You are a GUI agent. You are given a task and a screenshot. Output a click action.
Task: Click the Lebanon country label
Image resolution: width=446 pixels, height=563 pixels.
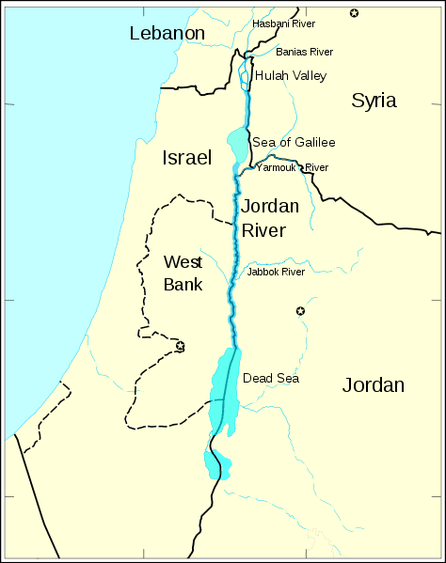point(167,34)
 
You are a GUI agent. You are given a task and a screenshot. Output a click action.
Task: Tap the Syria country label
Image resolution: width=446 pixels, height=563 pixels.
point(374,101)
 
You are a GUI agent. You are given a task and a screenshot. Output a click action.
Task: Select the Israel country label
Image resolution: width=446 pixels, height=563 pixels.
point(186,157)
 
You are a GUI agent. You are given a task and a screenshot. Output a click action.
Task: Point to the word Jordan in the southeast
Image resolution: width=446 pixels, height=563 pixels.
point(373,384)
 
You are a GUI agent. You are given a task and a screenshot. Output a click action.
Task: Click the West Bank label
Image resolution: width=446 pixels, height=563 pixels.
point(183,272)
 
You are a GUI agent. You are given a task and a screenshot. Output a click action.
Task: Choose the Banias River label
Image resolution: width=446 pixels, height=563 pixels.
point(304,53)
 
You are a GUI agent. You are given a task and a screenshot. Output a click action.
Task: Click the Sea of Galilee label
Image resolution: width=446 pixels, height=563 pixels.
point(294,142)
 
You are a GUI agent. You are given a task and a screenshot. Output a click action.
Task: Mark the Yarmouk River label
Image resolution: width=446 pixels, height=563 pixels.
point(292,167)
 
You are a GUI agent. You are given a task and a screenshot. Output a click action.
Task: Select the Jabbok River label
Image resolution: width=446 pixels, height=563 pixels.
point(276,272)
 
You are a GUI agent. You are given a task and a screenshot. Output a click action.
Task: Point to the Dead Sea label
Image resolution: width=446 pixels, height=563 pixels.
point(271,378)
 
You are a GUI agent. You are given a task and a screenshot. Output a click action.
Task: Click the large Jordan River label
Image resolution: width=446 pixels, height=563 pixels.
point(270,217)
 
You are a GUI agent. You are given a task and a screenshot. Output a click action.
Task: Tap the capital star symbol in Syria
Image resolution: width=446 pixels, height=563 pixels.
point(354,12)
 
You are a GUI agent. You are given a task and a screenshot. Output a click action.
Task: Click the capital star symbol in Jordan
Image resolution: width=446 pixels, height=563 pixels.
point(300,311)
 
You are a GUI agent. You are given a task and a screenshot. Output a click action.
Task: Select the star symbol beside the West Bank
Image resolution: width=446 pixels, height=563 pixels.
point(180,346)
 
